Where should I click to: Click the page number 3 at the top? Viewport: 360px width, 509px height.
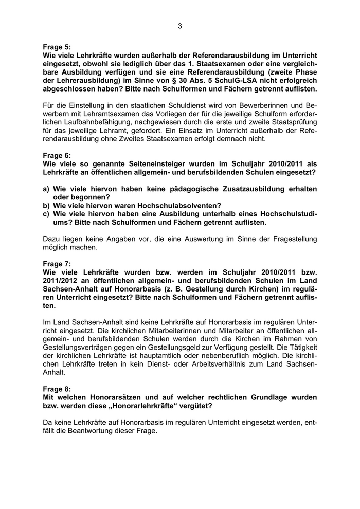(x=180, y=26)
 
